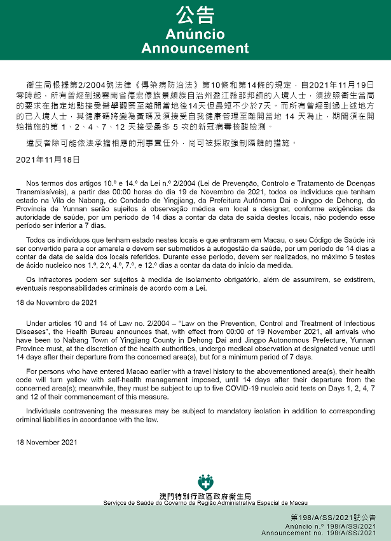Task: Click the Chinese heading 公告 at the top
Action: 195,15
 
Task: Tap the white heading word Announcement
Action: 195,48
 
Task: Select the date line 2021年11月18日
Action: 48,159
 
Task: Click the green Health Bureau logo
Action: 205,482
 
